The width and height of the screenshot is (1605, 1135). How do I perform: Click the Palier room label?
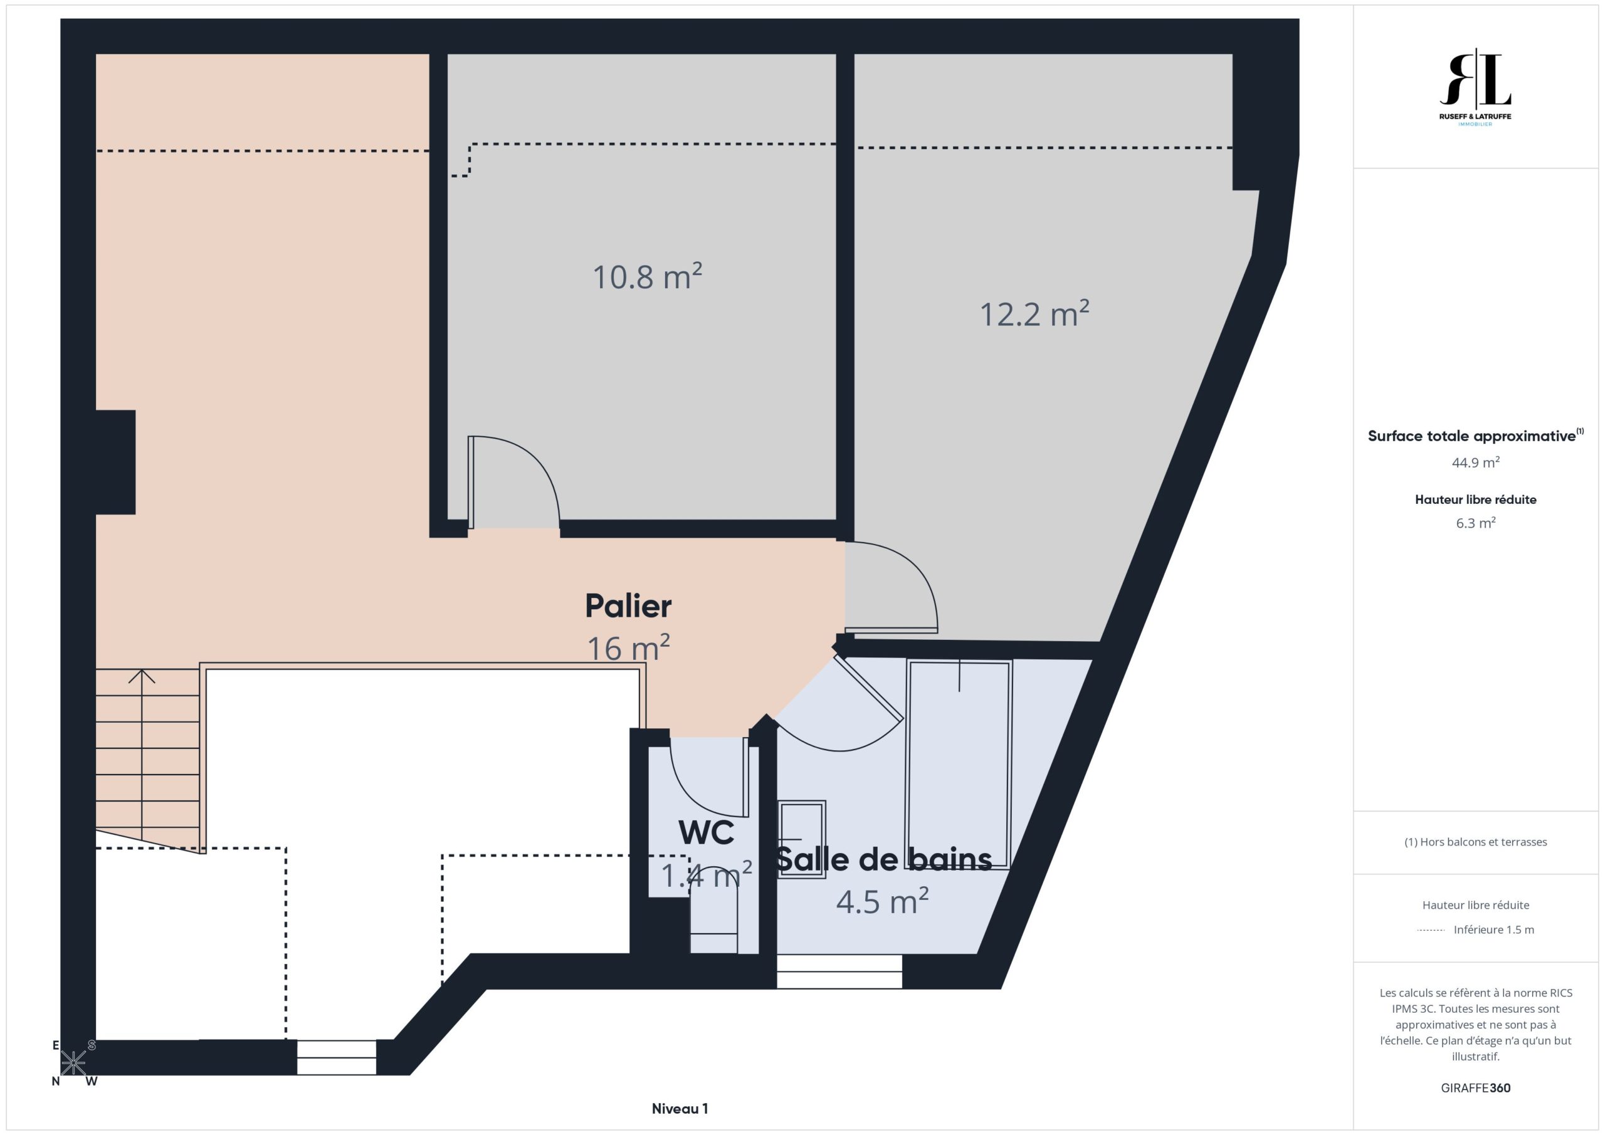coord(628,606)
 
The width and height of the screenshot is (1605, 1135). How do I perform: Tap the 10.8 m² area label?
coord(647,276)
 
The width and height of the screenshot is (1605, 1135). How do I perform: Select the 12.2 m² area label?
coord(1034,313)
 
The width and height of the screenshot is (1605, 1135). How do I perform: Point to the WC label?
coord(706,832)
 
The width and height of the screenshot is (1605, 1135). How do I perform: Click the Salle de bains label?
coord(884,860)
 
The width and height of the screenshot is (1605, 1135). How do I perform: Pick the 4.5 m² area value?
coord(882,901)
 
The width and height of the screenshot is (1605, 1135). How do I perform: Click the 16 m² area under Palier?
coord(628,648)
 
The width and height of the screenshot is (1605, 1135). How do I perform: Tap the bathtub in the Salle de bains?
coord(959,764)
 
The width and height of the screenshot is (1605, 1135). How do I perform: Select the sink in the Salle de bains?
coord(802,839)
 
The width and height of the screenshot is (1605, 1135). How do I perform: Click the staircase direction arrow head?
coord(142,675)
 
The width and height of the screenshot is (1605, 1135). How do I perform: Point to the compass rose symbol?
coord(73,1063)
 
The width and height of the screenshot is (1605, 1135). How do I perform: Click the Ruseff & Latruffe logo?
coord(1475,87)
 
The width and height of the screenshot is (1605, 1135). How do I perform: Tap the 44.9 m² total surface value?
coord(1476,463)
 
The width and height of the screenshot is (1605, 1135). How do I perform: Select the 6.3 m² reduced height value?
coord(1476,523)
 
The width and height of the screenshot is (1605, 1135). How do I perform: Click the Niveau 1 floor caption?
coord(680,1109)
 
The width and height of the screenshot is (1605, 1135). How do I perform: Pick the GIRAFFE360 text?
coord(1476,1088)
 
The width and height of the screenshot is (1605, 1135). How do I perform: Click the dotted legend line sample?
coord(1431,930)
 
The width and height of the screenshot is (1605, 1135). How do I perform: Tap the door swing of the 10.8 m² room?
coord(525,466)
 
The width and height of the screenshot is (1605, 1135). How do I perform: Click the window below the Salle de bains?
coord(839,971)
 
